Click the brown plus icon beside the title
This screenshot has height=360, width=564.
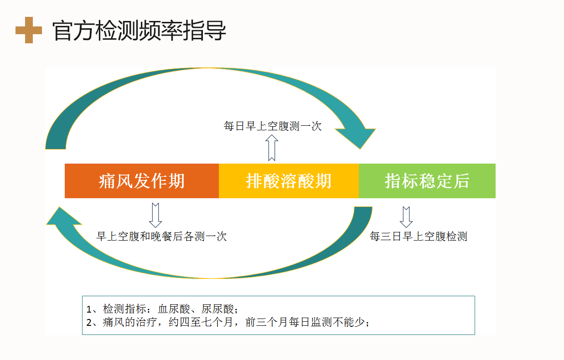coord(29,30)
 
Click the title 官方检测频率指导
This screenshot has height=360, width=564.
coord(139,31)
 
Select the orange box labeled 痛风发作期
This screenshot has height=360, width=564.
coord(142,181)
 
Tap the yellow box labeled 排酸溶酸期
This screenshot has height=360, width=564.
coord(289,181)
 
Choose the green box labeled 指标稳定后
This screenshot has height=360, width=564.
coord(427,181)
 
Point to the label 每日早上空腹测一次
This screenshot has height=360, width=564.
coord(273,126)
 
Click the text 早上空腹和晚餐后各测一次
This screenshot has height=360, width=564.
coord(162,237)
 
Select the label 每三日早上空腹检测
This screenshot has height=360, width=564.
coord(419,237)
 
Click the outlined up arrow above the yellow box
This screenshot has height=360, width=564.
coord(272,148)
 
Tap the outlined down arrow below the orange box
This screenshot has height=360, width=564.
coord(155,216)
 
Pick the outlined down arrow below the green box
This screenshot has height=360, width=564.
coord(406,217)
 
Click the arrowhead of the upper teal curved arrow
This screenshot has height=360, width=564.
coord(359,137)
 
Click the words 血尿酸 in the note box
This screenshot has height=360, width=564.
coord(174,309)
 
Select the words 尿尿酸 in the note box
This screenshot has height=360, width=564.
coord(217,309)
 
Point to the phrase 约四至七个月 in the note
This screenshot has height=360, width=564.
coord(201,322)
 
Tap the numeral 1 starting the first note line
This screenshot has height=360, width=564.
coord(88,309)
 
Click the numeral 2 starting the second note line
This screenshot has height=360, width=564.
coord(89,323)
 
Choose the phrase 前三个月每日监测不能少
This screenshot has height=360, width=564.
coord(305,322)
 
